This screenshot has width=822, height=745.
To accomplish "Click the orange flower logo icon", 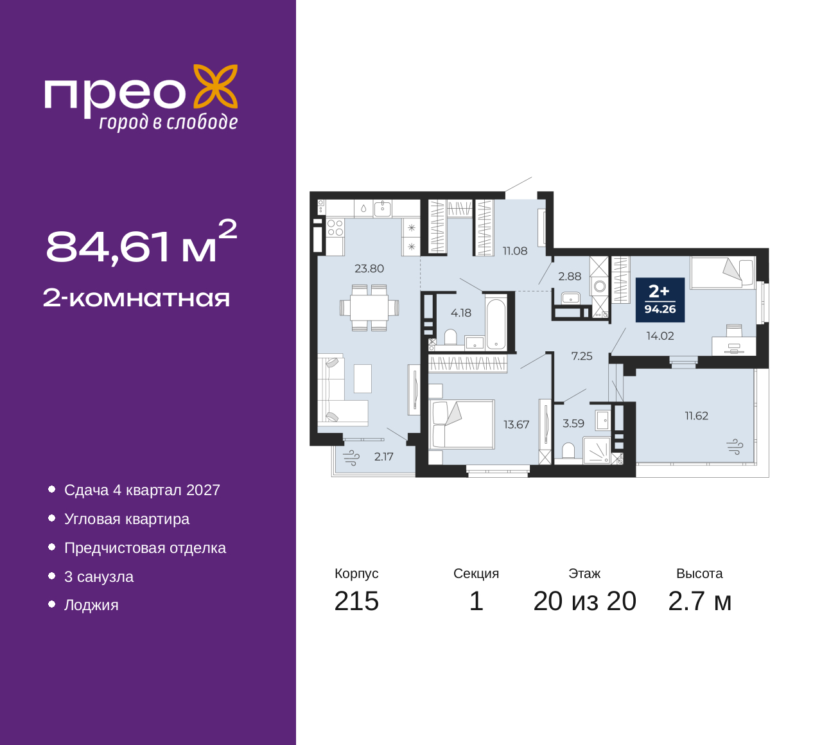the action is pos(216,87).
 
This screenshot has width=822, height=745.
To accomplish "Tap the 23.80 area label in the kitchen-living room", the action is pos(369,269).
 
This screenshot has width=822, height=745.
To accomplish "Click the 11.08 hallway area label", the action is pos(515,250).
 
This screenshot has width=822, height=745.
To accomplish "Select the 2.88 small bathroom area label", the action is pos(570,276).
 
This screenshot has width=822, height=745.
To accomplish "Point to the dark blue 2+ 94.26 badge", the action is pos(660,300).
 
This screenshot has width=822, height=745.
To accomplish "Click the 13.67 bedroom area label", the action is pos(516,425).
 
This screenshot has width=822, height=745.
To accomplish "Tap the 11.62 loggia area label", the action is pos(697,416).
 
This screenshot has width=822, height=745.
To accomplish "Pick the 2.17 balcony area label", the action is pos(383,457).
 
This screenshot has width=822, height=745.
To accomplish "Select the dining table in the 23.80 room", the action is pos(369,308).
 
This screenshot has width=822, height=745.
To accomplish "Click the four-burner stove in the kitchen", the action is pos(335,228).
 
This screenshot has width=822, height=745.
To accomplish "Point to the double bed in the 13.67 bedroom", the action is pos(461,425).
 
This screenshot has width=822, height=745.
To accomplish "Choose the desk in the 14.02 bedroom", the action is pos(734,346).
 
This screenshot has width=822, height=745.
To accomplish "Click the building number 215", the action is pos(356,602).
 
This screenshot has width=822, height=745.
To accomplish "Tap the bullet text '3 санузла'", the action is pos(99,577).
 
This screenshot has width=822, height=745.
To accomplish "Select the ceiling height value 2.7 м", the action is pos(699,602).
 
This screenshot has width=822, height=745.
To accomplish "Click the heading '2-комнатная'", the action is pos(136,298).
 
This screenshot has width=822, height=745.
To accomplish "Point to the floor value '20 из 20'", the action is pos(585,602).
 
